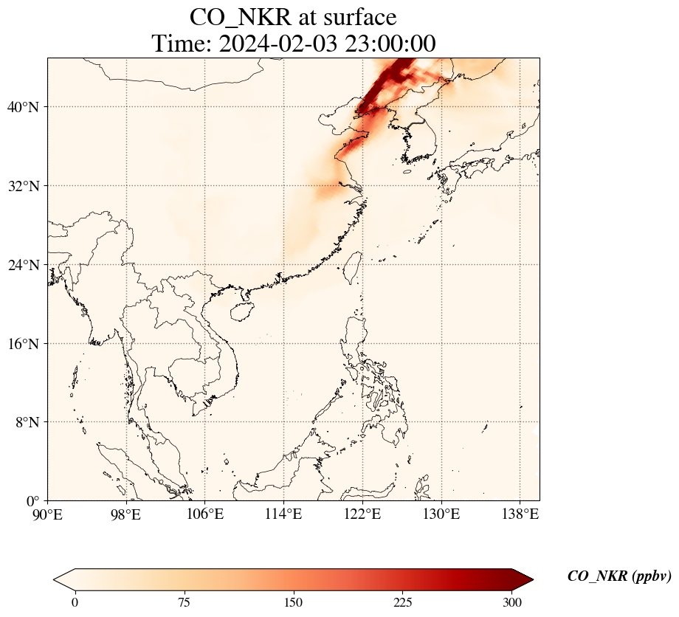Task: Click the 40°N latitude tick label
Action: [x=23, y=108]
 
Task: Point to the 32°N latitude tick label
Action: [x=23, y=186]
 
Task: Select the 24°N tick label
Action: [x=23, y=265]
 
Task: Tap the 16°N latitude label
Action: [x=23, y=344]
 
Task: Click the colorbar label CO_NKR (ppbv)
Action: [x=619, y=577]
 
